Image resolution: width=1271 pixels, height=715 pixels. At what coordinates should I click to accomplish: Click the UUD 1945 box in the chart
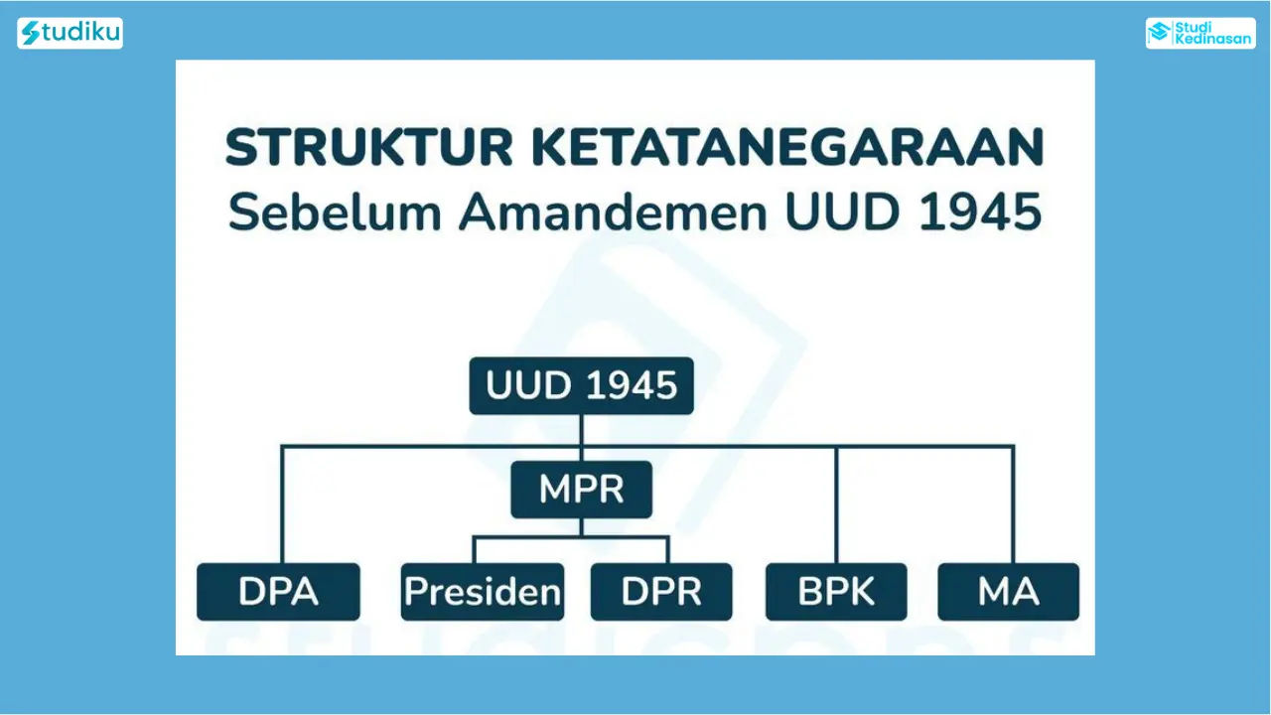(x=581, y=385)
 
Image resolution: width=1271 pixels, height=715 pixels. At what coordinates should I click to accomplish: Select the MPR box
(x=581, y=490)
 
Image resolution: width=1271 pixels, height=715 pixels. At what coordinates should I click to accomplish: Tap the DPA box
(x=278, y=591)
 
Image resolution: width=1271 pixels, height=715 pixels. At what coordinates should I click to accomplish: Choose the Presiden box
(x=483, y=591)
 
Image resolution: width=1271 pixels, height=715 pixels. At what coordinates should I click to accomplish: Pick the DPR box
(x=661, y=591)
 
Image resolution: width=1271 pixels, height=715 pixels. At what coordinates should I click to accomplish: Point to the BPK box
(x=836, y=591)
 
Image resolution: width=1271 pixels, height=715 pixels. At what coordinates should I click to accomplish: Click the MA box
(x=1008, y=591)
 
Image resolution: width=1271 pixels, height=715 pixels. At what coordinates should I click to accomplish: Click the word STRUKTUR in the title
(x=368, y=147)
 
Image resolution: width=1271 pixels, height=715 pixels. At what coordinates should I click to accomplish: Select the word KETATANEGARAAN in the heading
(x=787, y=147)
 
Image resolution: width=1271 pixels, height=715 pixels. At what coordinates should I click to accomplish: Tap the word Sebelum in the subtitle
(x=335, y=212)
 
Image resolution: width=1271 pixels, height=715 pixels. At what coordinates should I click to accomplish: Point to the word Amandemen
(x=613, y=212)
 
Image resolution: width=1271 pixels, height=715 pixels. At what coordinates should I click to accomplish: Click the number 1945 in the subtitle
(x=980, y=212)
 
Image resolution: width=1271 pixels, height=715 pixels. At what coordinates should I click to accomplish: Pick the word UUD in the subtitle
(x=843, y=212)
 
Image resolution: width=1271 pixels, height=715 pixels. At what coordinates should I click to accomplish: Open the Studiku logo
(x=70, y=33)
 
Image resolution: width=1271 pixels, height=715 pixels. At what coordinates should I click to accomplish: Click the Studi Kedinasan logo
(x=1200, y=33)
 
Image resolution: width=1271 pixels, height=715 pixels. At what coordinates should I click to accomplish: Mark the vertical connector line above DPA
(x=282, y=504)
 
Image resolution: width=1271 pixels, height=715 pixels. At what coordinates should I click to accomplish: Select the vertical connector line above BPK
(x=836, y=504)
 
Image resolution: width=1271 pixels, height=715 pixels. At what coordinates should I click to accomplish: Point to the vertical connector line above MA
(x=1013, y=504)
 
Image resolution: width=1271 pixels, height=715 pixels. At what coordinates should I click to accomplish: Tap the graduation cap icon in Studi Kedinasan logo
(x=1160, y=33)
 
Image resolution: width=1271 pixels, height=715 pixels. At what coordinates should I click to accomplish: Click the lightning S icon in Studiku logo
(x=31, y=33)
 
